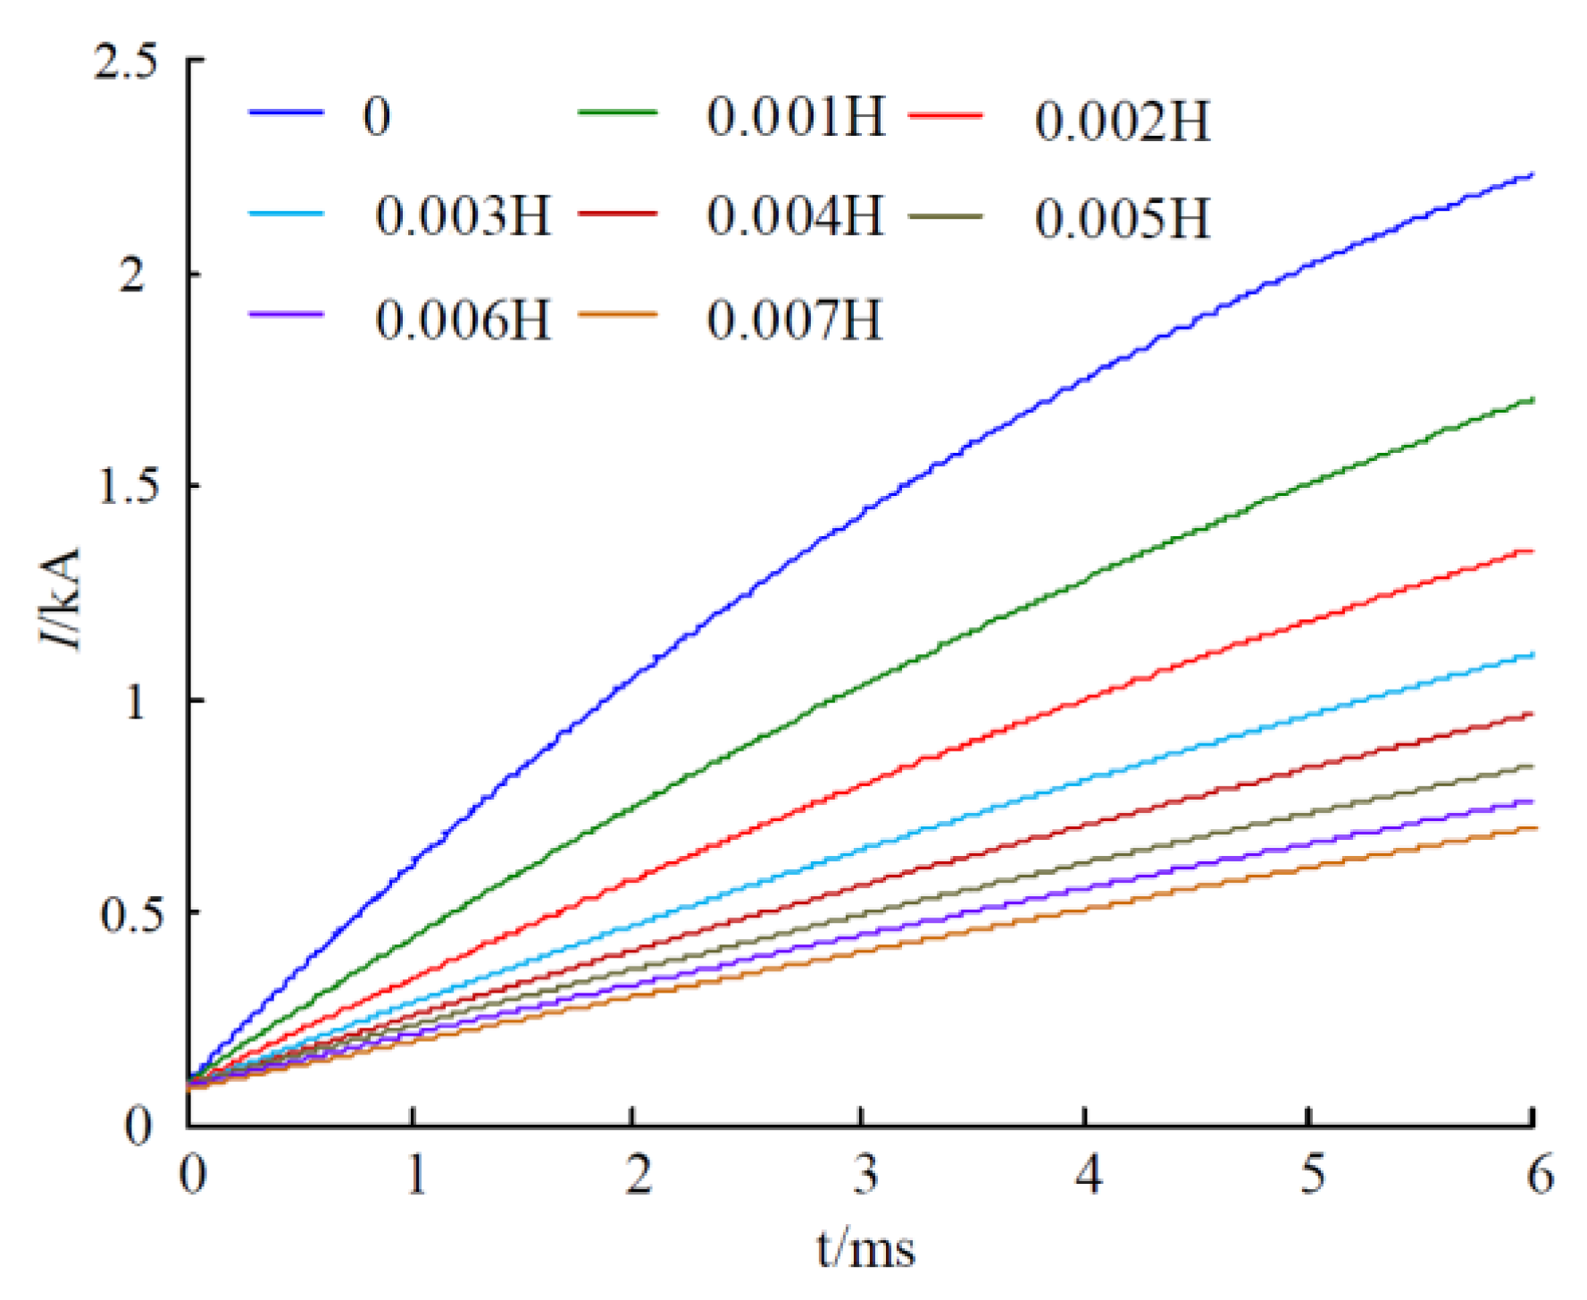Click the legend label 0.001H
pyautogui.click(x=795, y=117)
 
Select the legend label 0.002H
pyautogui.click(x=1123, y=122)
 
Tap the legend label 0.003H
pyautogui.click(x=463, y=216)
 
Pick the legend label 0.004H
pyautogui.click(x=795, y=216)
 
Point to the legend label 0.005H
pyautogui.click(x=1123, y=219)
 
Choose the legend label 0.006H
pyautogui.click(x=463, y=320)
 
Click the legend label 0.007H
pyautogui.click(x=795, y=320)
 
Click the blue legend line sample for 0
pyautogui.click(x=286, y=113)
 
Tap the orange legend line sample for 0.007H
pyautogui.click(x=617, y=315)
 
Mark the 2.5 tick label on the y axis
pyautogui.click(x=126, y=63)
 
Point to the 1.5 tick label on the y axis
pyautogui.click(x=126, y=487)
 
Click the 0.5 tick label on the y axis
pyautogui.click(x=126, y=914)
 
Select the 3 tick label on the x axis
pyautogui.click(x=864, y=1175)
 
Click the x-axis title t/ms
pyautogui.click(x=865, y=1249)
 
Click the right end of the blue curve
pyautogui.click(x=1533, y=174)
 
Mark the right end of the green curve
pyautogui.click(x=1533, y=399)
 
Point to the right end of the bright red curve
pyautogui.click(x=1533, y=551)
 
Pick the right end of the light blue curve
pyautogui.click(x=1533, y=655)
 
